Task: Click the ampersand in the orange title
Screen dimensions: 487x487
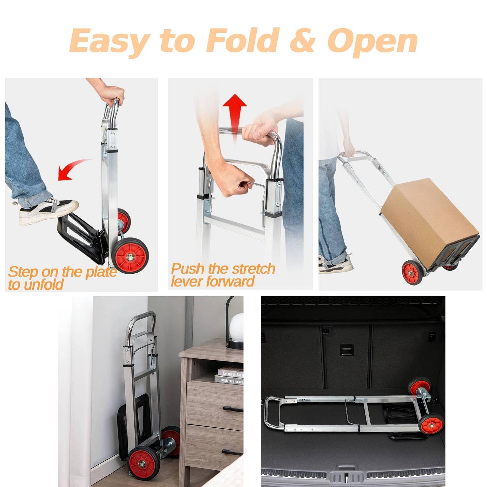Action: pyautogui.click(x=303, y=41)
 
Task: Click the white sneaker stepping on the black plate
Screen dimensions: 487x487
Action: pyautogui.click(x=48, y=211)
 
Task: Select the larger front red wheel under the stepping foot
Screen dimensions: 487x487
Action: pyautogui.click(x=130, y=256)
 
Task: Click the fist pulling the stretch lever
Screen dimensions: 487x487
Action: pyautogui.click(x=234, y=184)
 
